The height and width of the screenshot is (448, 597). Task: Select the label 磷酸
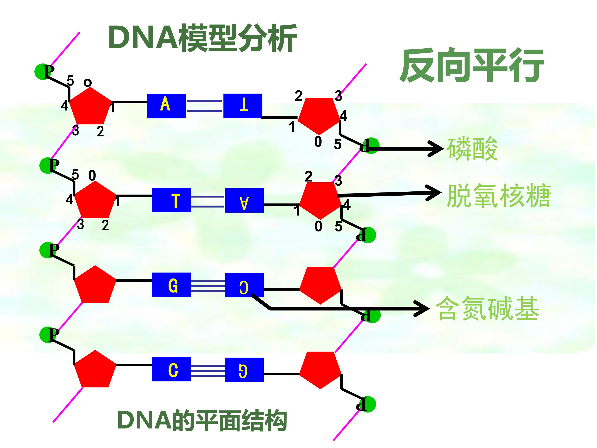tap(472, 149)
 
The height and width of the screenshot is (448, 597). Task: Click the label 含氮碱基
tap(487, 308)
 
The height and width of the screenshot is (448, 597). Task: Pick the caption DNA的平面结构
tap(202, 420)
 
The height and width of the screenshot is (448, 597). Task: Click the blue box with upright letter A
tap(166, 106)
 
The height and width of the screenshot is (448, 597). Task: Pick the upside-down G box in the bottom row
tap(244, 370)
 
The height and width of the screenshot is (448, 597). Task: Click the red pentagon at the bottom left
tap(95, 370)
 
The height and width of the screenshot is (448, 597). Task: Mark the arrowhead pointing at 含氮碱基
tap(422, 308)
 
